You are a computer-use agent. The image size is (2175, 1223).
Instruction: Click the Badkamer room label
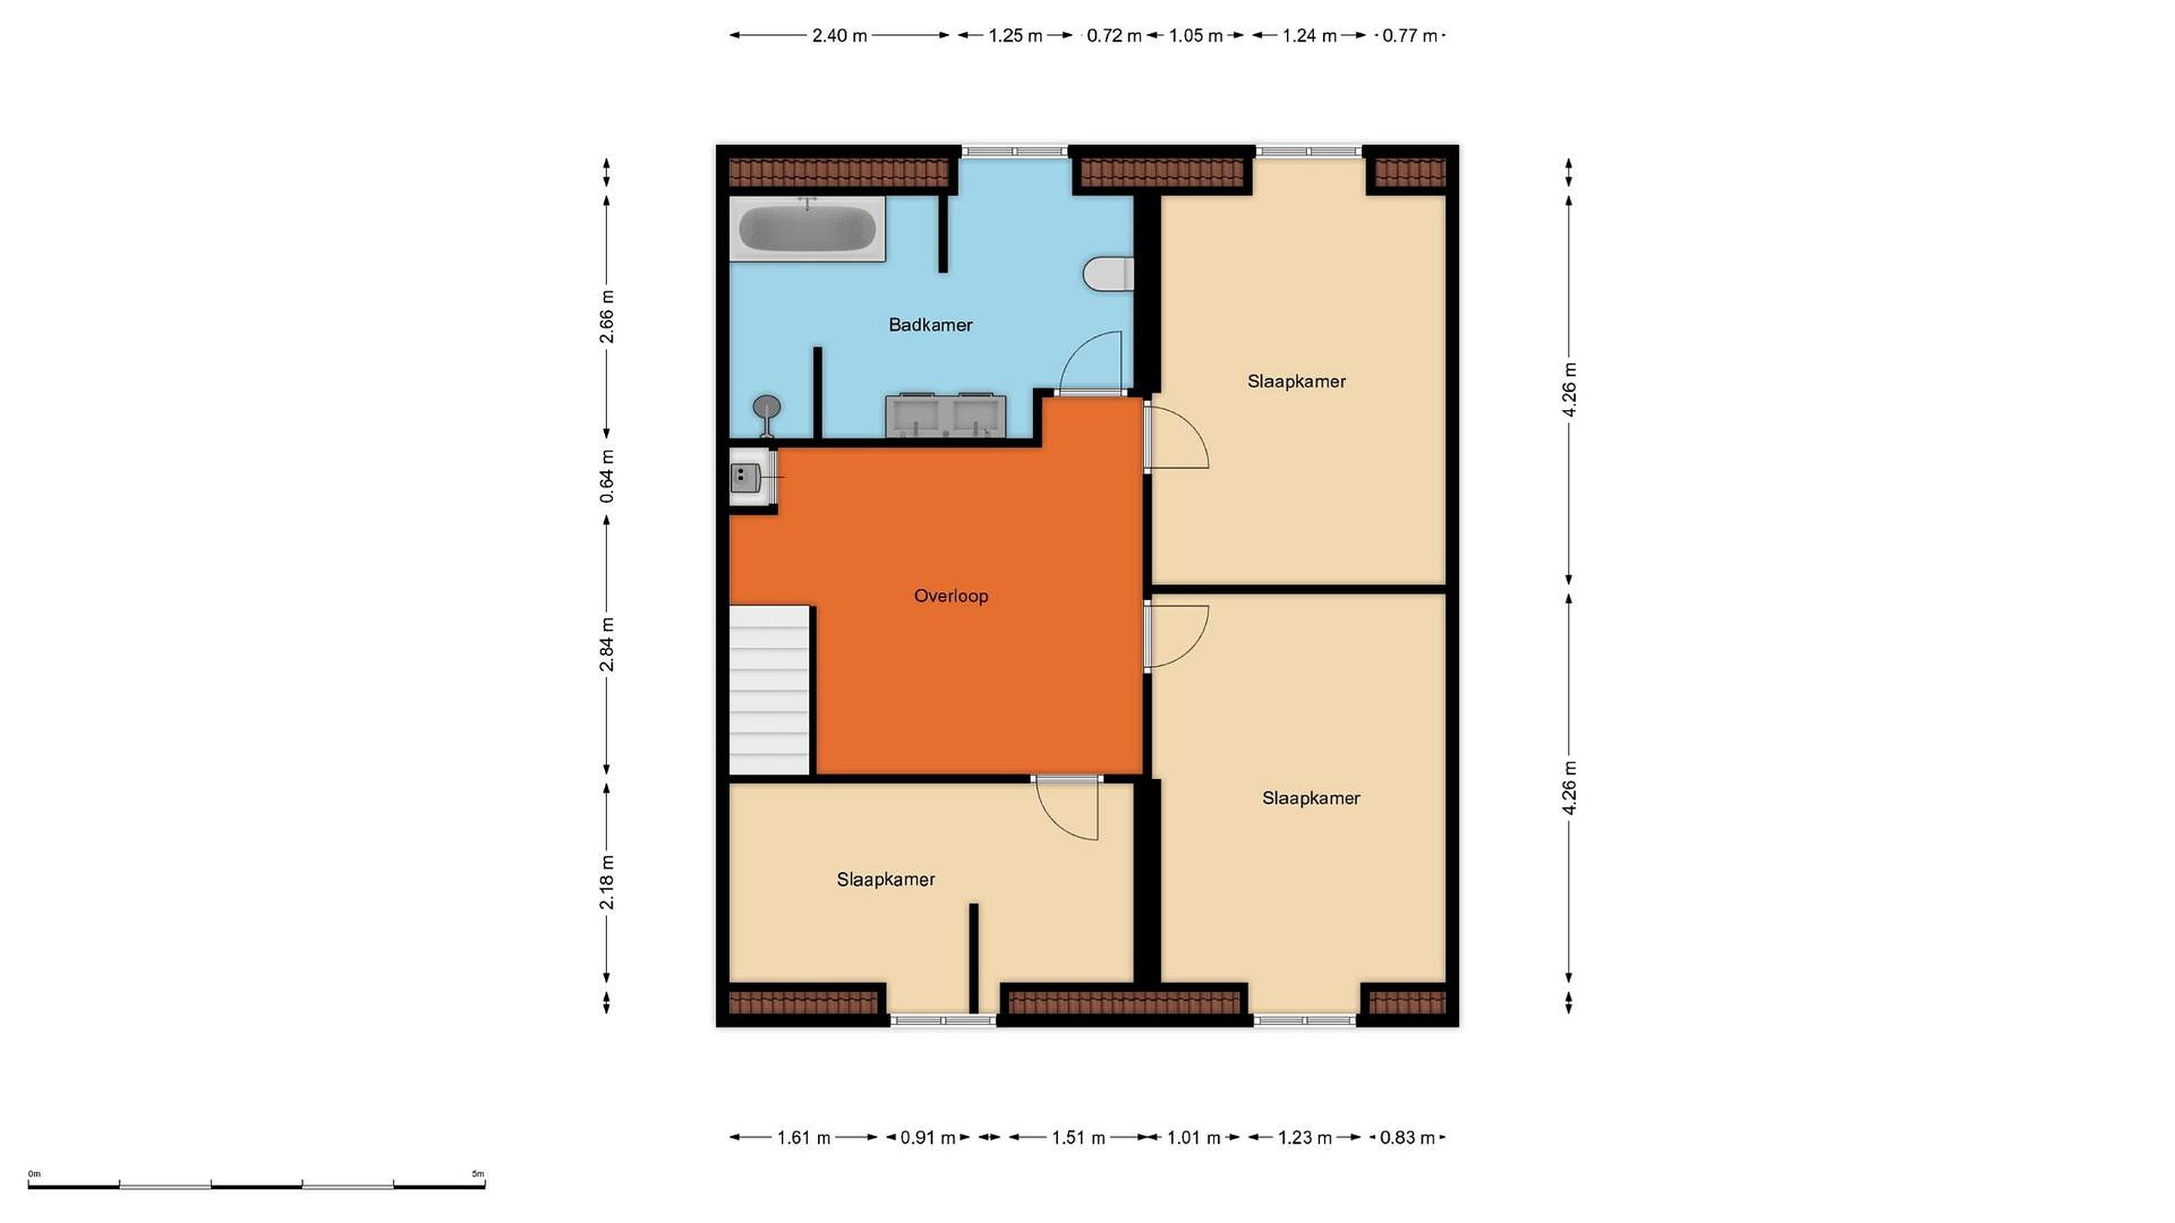point(930,325)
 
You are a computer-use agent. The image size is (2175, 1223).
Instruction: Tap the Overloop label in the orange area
point(951,596)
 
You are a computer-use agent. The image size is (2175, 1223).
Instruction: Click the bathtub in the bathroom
point(807,229)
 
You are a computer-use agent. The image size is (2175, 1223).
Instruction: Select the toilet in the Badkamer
point(1108,273)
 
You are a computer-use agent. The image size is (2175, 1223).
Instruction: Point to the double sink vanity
point(945,415)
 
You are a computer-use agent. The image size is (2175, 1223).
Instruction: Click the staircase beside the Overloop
point(770,689)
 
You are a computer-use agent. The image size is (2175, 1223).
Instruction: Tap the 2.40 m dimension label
point(839,35)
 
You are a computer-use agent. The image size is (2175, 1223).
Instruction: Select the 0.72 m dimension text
point(1114,35)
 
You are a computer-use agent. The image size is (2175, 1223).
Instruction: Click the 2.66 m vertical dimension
point(606,316)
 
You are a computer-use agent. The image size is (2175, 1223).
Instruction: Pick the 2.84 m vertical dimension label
point(606,644)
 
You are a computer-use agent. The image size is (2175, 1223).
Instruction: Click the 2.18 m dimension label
point(606,882)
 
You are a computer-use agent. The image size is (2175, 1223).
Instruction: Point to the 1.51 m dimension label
point(1078,1138)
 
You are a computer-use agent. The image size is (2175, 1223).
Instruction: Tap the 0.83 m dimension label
point(1408,1138)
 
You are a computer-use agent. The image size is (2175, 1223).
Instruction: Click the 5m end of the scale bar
point(485,1187)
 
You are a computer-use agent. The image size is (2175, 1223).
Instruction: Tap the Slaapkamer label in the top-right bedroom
point(1296,381)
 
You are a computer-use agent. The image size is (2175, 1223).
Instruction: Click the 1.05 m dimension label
point(1195,35)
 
